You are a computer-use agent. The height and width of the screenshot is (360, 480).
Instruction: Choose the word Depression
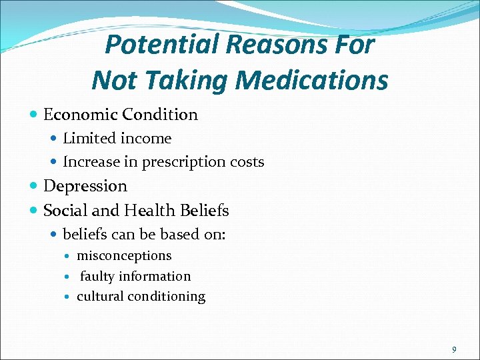pos(85,186)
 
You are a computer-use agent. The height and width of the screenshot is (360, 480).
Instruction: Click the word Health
pos(151,211)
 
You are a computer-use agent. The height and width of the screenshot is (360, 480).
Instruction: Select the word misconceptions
pos(124,256)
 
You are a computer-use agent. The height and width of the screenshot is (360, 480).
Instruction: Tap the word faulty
pos(97,276)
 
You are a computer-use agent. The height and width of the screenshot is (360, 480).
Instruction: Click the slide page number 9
pos(454,349)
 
